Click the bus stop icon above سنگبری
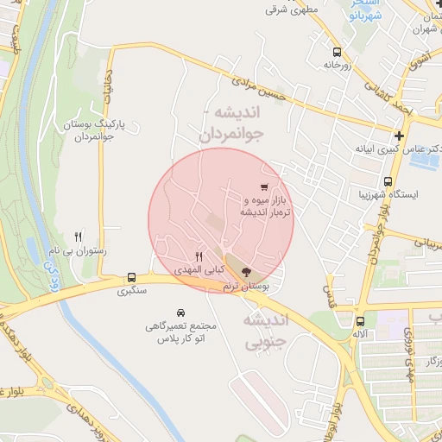tap(131, 277)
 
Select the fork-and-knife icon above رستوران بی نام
tap(79, 236)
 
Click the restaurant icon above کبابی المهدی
tap(199, 256)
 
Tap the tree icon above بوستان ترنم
tap(248, 272)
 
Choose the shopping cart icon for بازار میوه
tap(263, 186)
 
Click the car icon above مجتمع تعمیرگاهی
tap(180, 312)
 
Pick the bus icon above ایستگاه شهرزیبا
tap(388, 182)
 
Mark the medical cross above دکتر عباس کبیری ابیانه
tap(398, 136)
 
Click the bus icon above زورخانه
tap(336, 52)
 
